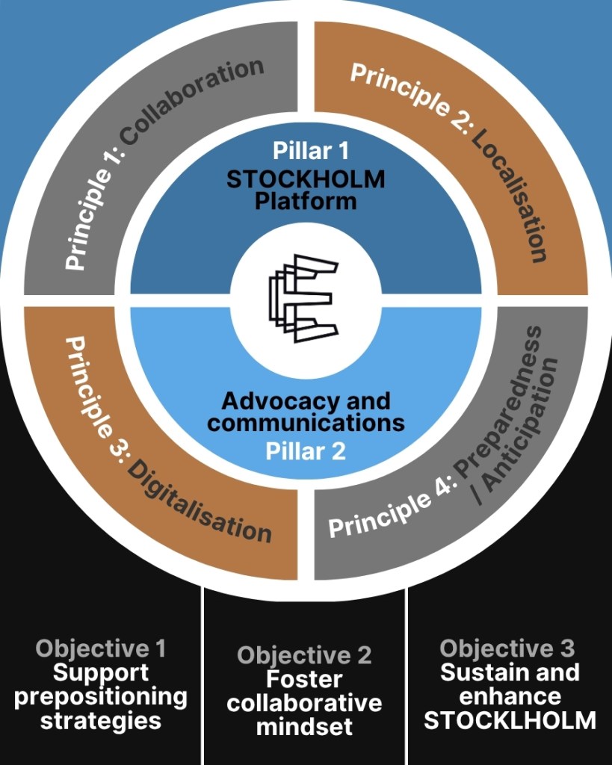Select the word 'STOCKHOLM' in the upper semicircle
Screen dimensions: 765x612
point(306,179)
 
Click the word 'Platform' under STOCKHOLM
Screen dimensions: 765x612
point(306,201)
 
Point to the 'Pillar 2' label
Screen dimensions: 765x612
point(306,451)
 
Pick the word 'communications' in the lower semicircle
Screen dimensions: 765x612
point(306,423)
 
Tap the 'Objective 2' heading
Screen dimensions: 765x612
point(304,656)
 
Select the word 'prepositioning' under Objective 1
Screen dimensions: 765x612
point(101,696)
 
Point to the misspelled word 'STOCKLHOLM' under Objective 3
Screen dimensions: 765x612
point(510,720)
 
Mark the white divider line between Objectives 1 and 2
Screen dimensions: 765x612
point(203,672)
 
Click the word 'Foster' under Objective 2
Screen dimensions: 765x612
point(304,680)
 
